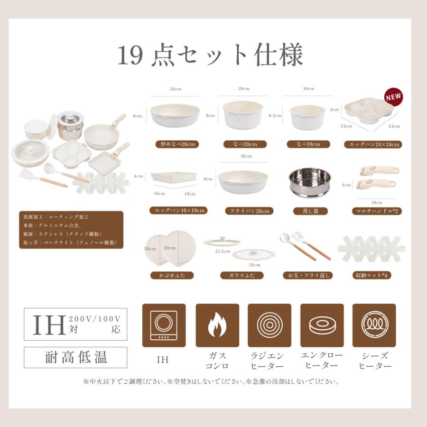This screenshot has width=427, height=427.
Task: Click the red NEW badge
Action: point(393,97)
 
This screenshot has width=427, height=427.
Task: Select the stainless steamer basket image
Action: point(310,183)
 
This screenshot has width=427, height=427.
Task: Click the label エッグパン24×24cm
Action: point(373,144)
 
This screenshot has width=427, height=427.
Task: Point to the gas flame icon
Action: point(217,325)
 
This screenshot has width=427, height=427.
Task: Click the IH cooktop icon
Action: point(164,325)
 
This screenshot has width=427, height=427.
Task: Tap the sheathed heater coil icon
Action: point(374,325)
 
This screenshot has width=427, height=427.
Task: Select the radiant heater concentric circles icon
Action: point(269,325)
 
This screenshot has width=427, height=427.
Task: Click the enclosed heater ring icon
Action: point(322,325)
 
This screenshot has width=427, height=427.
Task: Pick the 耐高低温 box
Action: point(75,357)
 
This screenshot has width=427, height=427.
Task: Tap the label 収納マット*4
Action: point(372,275)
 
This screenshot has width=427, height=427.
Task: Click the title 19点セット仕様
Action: point(210,56)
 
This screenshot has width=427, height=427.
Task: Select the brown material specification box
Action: point(71,230)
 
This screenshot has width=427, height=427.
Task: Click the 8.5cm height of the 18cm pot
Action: point(275,115)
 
